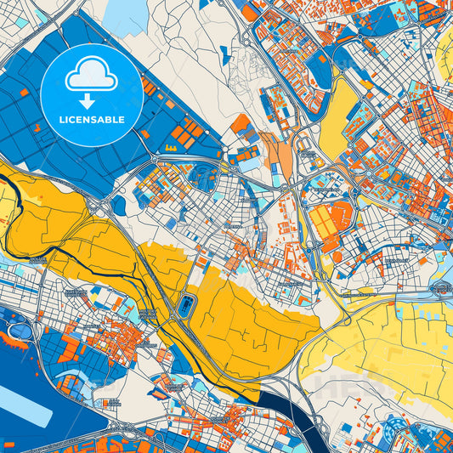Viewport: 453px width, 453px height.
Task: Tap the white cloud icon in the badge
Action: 92,76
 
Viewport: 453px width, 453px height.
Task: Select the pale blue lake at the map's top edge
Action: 127,16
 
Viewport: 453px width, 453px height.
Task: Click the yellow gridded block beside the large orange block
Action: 322,224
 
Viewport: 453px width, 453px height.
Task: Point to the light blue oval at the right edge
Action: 440,289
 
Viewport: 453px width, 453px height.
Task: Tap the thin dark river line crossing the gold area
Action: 51,242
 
